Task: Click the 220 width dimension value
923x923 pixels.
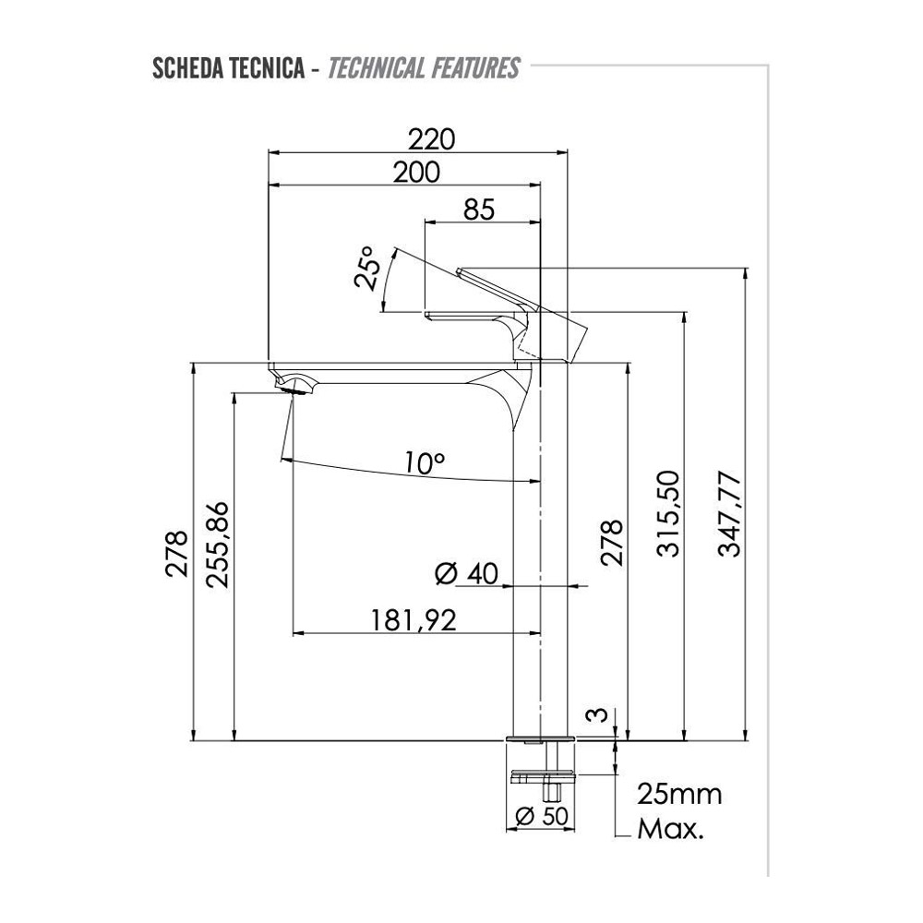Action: (432, 140)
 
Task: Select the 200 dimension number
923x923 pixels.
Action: (416, 173)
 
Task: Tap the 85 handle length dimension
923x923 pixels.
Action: (479, 210)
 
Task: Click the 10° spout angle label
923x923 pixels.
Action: (425, 462)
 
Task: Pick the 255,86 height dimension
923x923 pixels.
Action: (217, 545)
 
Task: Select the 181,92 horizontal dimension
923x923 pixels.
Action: (414, 620)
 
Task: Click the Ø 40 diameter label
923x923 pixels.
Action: (466, 573)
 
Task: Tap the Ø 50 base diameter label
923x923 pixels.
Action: (542, 816)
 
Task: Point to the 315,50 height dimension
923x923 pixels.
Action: (668, 514)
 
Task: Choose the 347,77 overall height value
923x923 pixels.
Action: (730, 514)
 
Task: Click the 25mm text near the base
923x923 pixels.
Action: (679, 795)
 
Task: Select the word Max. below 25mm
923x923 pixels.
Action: (670, 830)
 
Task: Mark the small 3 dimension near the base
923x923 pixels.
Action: (597, 715)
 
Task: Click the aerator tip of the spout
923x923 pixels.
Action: (293, 390)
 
